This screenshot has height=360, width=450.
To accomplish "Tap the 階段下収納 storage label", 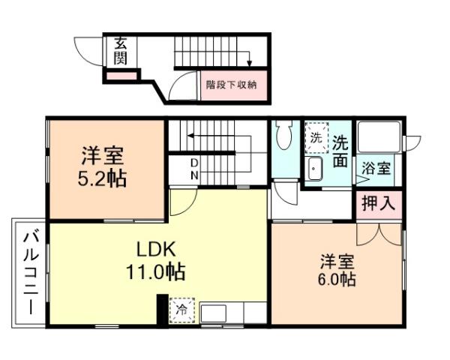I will point(232,85).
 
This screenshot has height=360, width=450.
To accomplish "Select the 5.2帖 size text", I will point(103,178).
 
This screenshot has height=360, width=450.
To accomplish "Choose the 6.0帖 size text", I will point(337,280).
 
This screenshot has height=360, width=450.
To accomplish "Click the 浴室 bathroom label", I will point(376,168).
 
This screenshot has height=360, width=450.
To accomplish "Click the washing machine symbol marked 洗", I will point(316,138).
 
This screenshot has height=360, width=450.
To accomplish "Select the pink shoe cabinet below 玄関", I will point(120,75).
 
